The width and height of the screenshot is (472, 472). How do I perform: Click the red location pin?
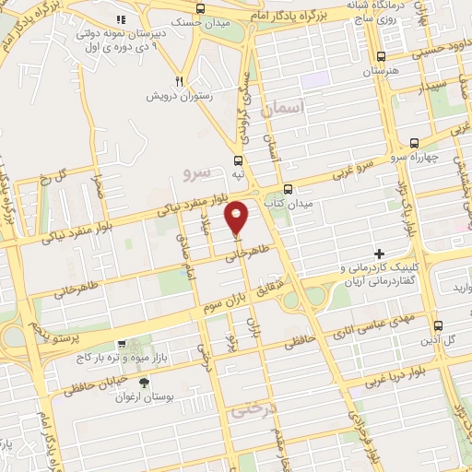(x=237, y=217)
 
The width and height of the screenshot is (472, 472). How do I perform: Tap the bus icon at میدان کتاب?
(x=288, y=187)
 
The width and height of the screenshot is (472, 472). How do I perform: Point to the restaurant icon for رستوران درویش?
(x=181, y=81)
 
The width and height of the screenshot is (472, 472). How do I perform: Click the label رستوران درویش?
(x=181, y=96)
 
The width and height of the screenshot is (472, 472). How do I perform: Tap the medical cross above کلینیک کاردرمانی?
(x=378, y=253)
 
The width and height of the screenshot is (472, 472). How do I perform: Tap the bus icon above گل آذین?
(x=439, y=325)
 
